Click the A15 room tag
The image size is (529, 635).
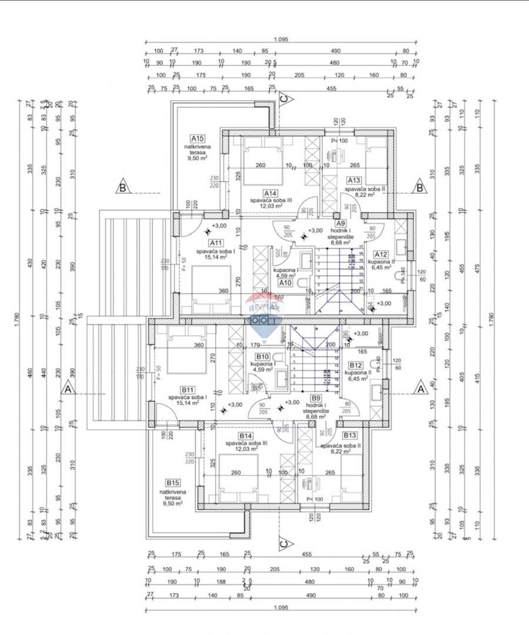coord(197,139)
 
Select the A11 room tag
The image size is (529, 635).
coord(216,243)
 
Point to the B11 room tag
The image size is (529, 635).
coord(188,389)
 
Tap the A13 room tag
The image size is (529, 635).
coord(354,181)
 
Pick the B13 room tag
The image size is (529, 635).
coord(350,435)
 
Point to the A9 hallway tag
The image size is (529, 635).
coord(340,223)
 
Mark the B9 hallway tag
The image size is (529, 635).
coord(316,397)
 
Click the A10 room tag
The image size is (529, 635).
coord(286,282)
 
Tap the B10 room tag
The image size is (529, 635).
coord(262,357)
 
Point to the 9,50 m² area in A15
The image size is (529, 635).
coord(197,158)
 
